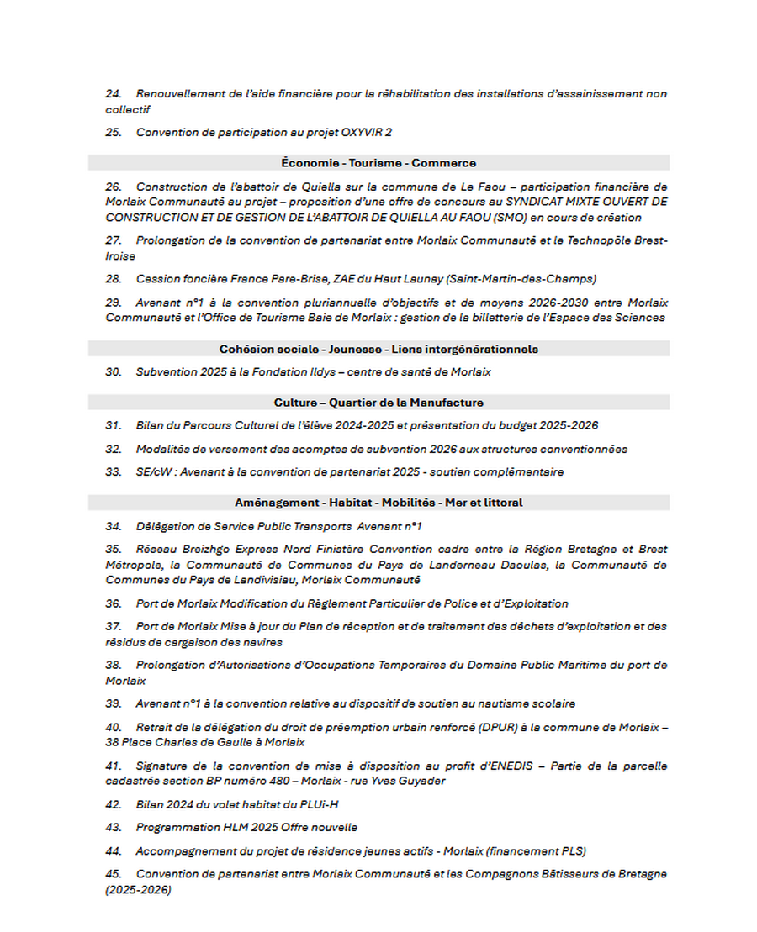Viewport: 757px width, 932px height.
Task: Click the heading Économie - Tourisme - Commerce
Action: [x=378, y=163]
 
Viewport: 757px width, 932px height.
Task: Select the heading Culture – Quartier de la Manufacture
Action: [x=378, y=403]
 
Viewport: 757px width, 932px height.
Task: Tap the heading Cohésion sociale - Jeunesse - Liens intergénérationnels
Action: [x=378, y=349]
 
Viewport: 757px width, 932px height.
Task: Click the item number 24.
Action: [x=114, y=94]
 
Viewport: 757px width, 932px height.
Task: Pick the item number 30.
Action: [x=114, y=371]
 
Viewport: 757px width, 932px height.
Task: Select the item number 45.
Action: [x=114, y=874]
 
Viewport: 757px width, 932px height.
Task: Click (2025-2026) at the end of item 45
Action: [x=138, y=890]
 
